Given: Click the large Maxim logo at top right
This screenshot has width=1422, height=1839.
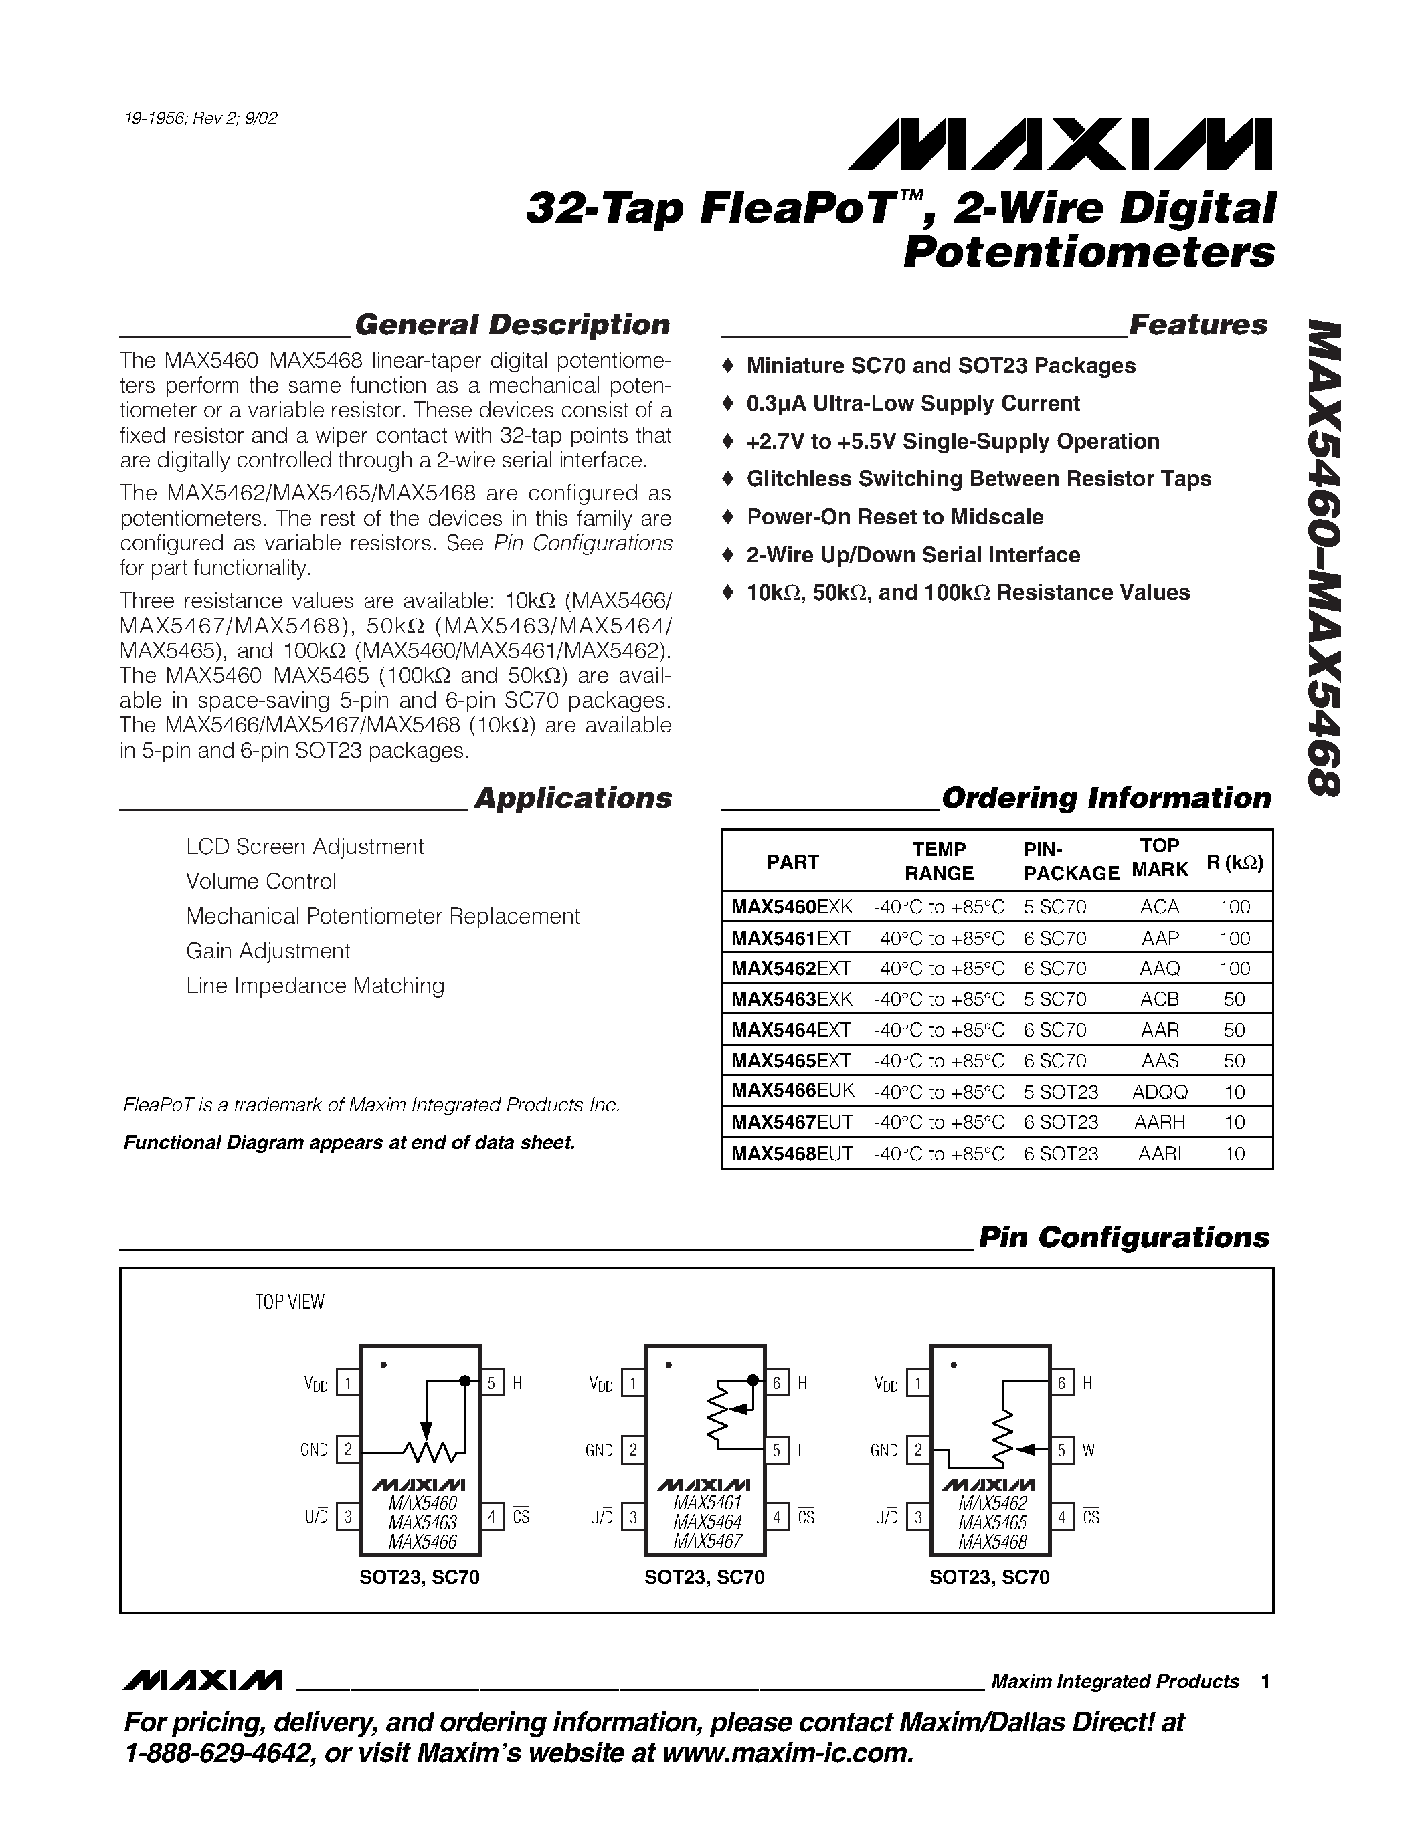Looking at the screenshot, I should tap(1060, 144).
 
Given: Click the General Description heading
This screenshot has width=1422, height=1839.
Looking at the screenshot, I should tap(511, 325).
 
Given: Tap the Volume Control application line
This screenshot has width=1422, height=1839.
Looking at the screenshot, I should tap(261, 881).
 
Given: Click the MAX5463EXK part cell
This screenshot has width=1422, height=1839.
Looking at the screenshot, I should tap(792, 1000).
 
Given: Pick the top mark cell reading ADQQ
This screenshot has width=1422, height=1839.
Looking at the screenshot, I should tap(1160, 1092).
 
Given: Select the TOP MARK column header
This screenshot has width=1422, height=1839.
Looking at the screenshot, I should tap(1159, 858).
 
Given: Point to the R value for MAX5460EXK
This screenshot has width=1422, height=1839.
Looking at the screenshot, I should tap(1234, 907).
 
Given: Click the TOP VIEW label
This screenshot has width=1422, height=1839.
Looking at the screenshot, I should tap(289, 1302).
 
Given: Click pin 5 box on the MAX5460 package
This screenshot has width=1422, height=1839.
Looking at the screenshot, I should tap(492, 1383).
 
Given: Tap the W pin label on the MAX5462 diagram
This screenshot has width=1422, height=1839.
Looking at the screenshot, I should tap(1088, 1451).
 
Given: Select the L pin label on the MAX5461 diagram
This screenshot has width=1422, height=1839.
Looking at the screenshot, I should tap(801, 1451).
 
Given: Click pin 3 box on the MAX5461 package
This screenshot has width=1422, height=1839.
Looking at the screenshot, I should tap(632, 1517).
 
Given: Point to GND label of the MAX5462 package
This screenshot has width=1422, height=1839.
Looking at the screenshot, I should tap(884, 1451).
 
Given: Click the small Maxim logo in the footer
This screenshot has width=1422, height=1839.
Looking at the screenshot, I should tap(202, 1681).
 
